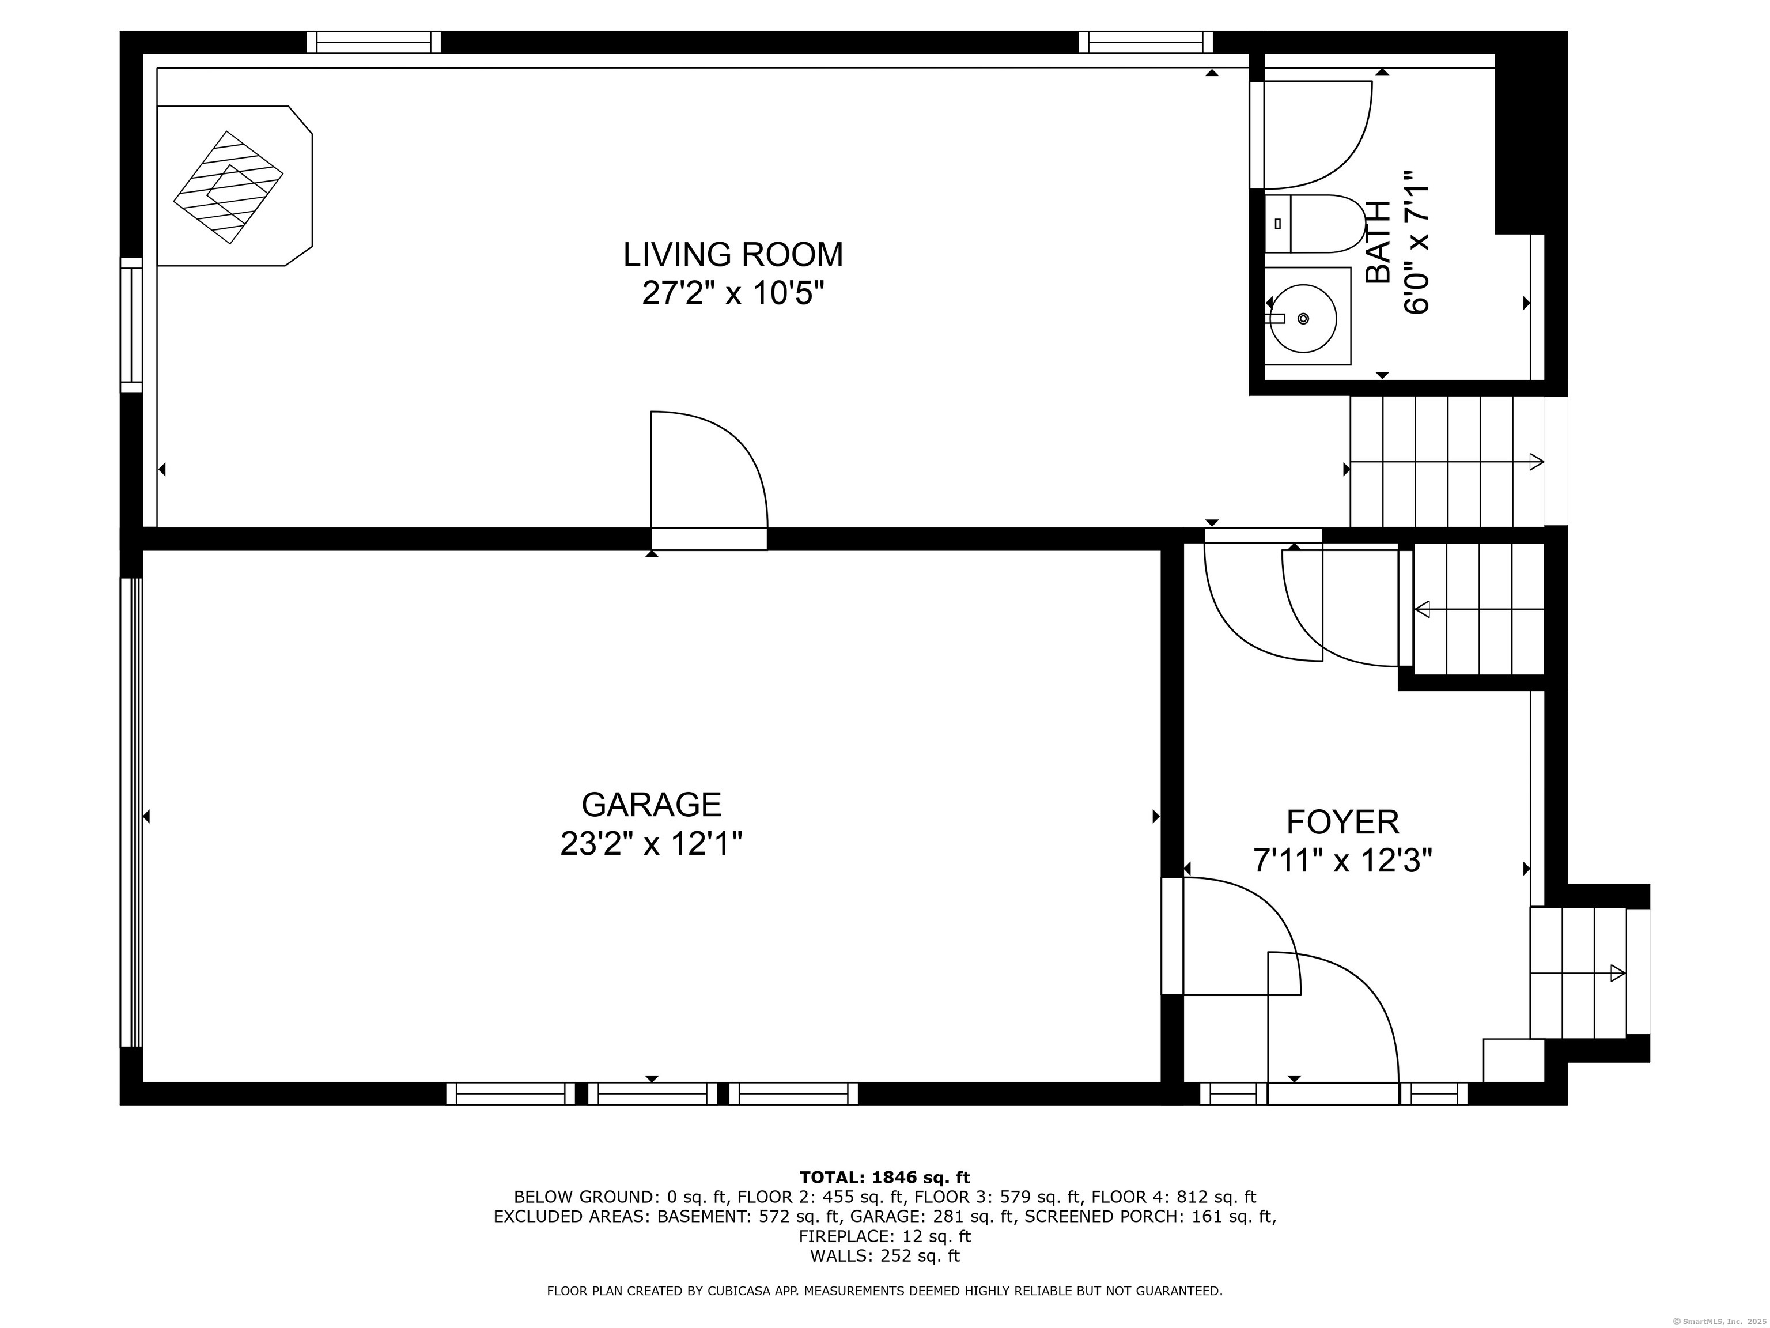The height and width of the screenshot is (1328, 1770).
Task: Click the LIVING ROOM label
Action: (733, 255)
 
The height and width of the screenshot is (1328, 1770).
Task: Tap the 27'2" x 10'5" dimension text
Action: (733, 294)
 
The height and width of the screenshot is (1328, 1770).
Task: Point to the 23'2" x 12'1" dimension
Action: (651, 844)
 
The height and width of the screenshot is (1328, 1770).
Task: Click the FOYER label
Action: (1342, 822)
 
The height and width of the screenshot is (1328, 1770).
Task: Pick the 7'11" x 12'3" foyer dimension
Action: (1342, 861)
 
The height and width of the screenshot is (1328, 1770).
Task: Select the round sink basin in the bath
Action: (1303, 319)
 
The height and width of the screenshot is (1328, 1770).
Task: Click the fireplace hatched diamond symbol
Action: (228, 187)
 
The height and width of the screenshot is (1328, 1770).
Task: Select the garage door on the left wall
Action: (131, 813)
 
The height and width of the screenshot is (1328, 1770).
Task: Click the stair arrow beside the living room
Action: (1447, 462)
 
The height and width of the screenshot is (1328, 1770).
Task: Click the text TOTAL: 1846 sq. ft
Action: (884, 1178)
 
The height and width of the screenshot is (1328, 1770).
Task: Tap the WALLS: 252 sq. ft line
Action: (884, 1256)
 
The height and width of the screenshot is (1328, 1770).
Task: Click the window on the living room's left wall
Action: (131, 325)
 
